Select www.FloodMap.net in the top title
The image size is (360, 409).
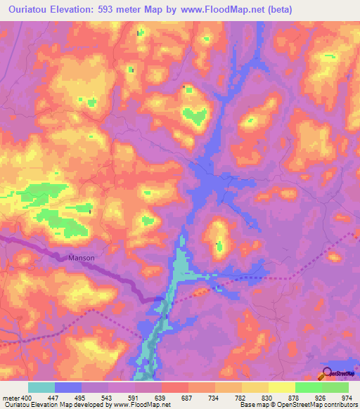pyautogui.click(x=219, y=10)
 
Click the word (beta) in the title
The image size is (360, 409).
pyautogui.click(x=276, y=10)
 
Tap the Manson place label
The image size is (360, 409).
pyautogui.click(x=82, y=258)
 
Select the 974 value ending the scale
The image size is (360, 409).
pyautogui.click(x=347, y=397)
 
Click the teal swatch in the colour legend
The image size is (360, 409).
pyautogui.click(x=41, y=388)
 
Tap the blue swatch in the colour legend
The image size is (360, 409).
pyautogui.click(x=68, y=388)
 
